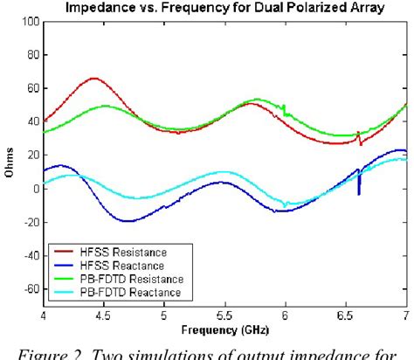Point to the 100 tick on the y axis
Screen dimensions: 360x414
click(30, 21)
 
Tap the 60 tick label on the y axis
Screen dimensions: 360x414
click(31, 88)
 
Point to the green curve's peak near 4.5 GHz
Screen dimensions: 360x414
click(105, 106)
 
